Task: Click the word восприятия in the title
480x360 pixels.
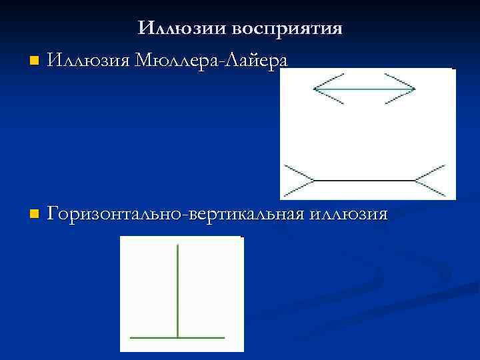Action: (x=288, y=29)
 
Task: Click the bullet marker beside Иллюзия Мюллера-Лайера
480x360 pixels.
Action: (x=35, y=61)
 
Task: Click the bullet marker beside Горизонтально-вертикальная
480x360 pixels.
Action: (x=35, y=215)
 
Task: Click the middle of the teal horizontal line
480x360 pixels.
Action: (x=364, y=89)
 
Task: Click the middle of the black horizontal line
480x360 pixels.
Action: (x=364, y=180)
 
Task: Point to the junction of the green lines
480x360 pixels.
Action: (x=178, y=337)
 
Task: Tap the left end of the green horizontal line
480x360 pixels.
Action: (x=131, y=337)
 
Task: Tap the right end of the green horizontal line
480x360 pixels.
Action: (x=224, y=337)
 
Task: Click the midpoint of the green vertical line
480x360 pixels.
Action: (x=178, y=291)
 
